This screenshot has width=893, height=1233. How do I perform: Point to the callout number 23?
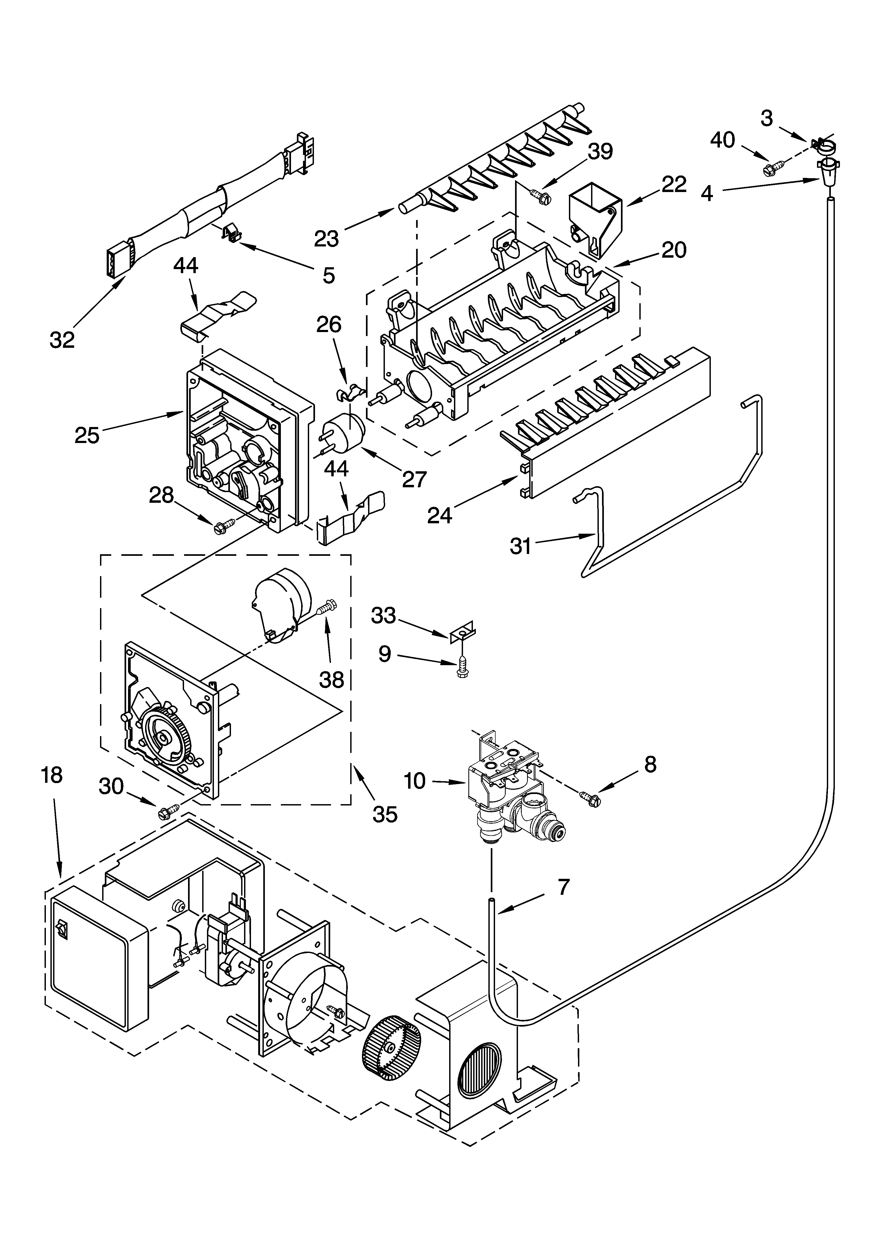(x=326, y=238)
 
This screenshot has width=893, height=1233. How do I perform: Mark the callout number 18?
(x=52, y=775)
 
